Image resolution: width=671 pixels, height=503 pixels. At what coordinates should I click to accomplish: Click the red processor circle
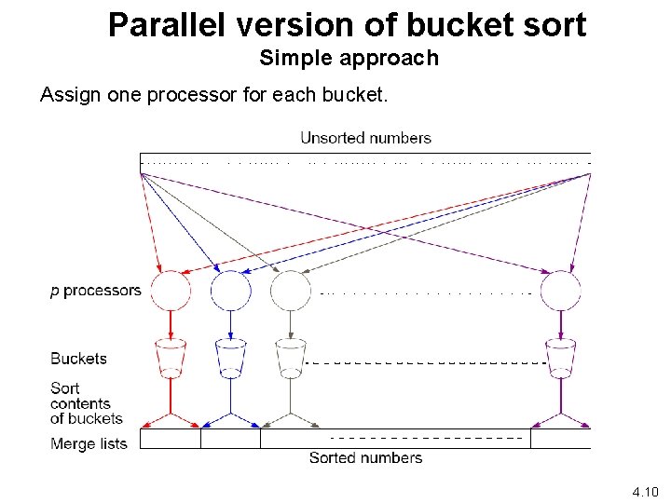pos(171,291)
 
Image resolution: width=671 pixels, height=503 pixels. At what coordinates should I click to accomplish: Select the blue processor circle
pos(230,291)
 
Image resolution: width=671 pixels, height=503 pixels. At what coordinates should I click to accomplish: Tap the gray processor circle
pos(290,291)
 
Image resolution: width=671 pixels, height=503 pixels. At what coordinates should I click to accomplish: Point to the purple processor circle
pos(561,291)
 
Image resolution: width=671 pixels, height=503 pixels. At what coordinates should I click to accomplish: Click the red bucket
pos(171,358)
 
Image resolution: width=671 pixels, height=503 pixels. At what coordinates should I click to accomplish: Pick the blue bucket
pos(230,358)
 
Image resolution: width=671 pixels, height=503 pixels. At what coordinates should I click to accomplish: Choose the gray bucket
pos(290,358)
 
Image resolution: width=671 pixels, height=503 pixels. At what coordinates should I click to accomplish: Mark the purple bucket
pos(561,358)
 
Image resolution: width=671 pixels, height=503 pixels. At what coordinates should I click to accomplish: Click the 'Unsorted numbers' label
pos(365,138)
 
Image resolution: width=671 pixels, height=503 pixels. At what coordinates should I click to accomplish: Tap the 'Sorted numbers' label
pos(365,457)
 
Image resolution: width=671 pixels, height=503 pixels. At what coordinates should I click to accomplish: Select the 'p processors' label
pos(95,291)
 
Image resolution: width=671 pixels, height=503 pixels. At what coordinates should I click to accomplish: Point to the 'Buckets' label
pos(78,359)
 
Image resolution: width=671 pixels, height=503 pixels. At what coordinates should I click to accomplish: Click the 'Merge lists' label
pos(89,443)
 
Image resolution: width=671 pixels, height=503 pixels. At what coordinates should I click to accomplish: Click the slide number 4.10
pos(645,491)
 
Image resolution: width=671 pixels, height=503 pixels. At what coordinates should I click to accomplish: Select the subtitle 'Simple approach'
pos(349,59)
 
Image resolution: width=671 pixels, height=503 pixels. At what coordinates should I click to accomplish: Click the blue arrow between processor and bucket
pos(230,324)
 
